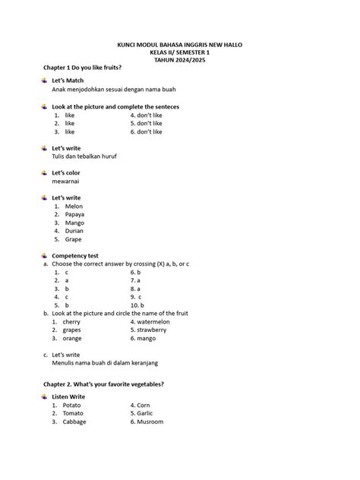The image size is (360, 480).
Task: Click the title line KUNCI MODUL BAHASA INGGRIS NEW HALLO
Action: tap(179, 45)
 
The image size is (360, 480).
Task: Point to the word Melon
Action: tap(74, 206)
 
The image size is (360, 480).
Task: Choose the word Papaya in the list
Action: tap(75, 214)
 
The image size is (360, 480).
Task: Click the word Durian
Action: tap(74, 231)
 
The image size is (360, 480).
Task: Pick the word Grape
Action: tap(74, 239)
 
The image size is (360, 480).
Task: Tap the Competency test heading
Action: tap(81, 256)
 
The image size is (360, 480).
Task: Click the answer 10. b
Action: tap(138, 305)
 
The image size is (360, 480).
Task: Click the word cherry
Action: tap(72, 322)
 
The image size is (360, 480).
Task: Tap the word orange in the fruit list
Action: tap(73, 339)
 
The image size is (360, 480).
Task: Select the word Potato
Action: tap(74, 406)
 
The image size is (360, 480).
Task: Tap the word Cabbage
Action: tap(75, 422)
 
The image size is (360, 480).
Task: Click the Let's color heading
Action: tap(67, 172)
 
